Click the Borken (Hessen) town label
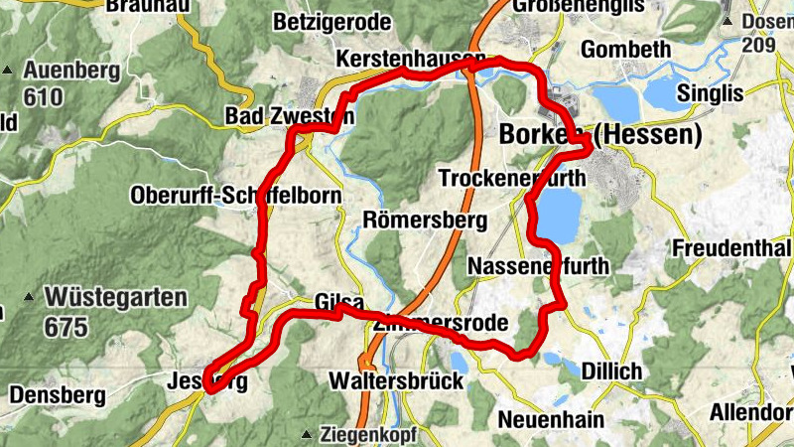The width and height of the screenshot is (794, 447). pos(601,134)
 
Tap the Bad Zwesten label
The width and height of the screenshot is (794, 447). pos(290,116)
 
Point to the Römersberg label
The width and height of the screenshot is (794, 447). pos(425,220)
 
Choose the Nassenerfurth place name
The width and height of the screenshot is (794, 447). pos(537,266)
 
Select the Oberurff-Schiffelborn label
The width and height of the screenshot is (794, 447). pos(235,196)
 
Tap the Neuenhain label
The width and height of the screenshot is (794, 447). pos(551,419)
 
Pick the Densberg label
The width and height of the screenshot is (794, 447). pos(57,395)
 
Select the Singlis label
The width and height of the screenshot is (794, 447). pos(711,93)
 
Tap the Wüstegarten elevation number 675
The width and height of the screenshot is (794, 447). pos(66,326)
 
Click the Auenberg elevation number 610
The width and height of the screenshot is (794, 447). pos(45,97)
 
